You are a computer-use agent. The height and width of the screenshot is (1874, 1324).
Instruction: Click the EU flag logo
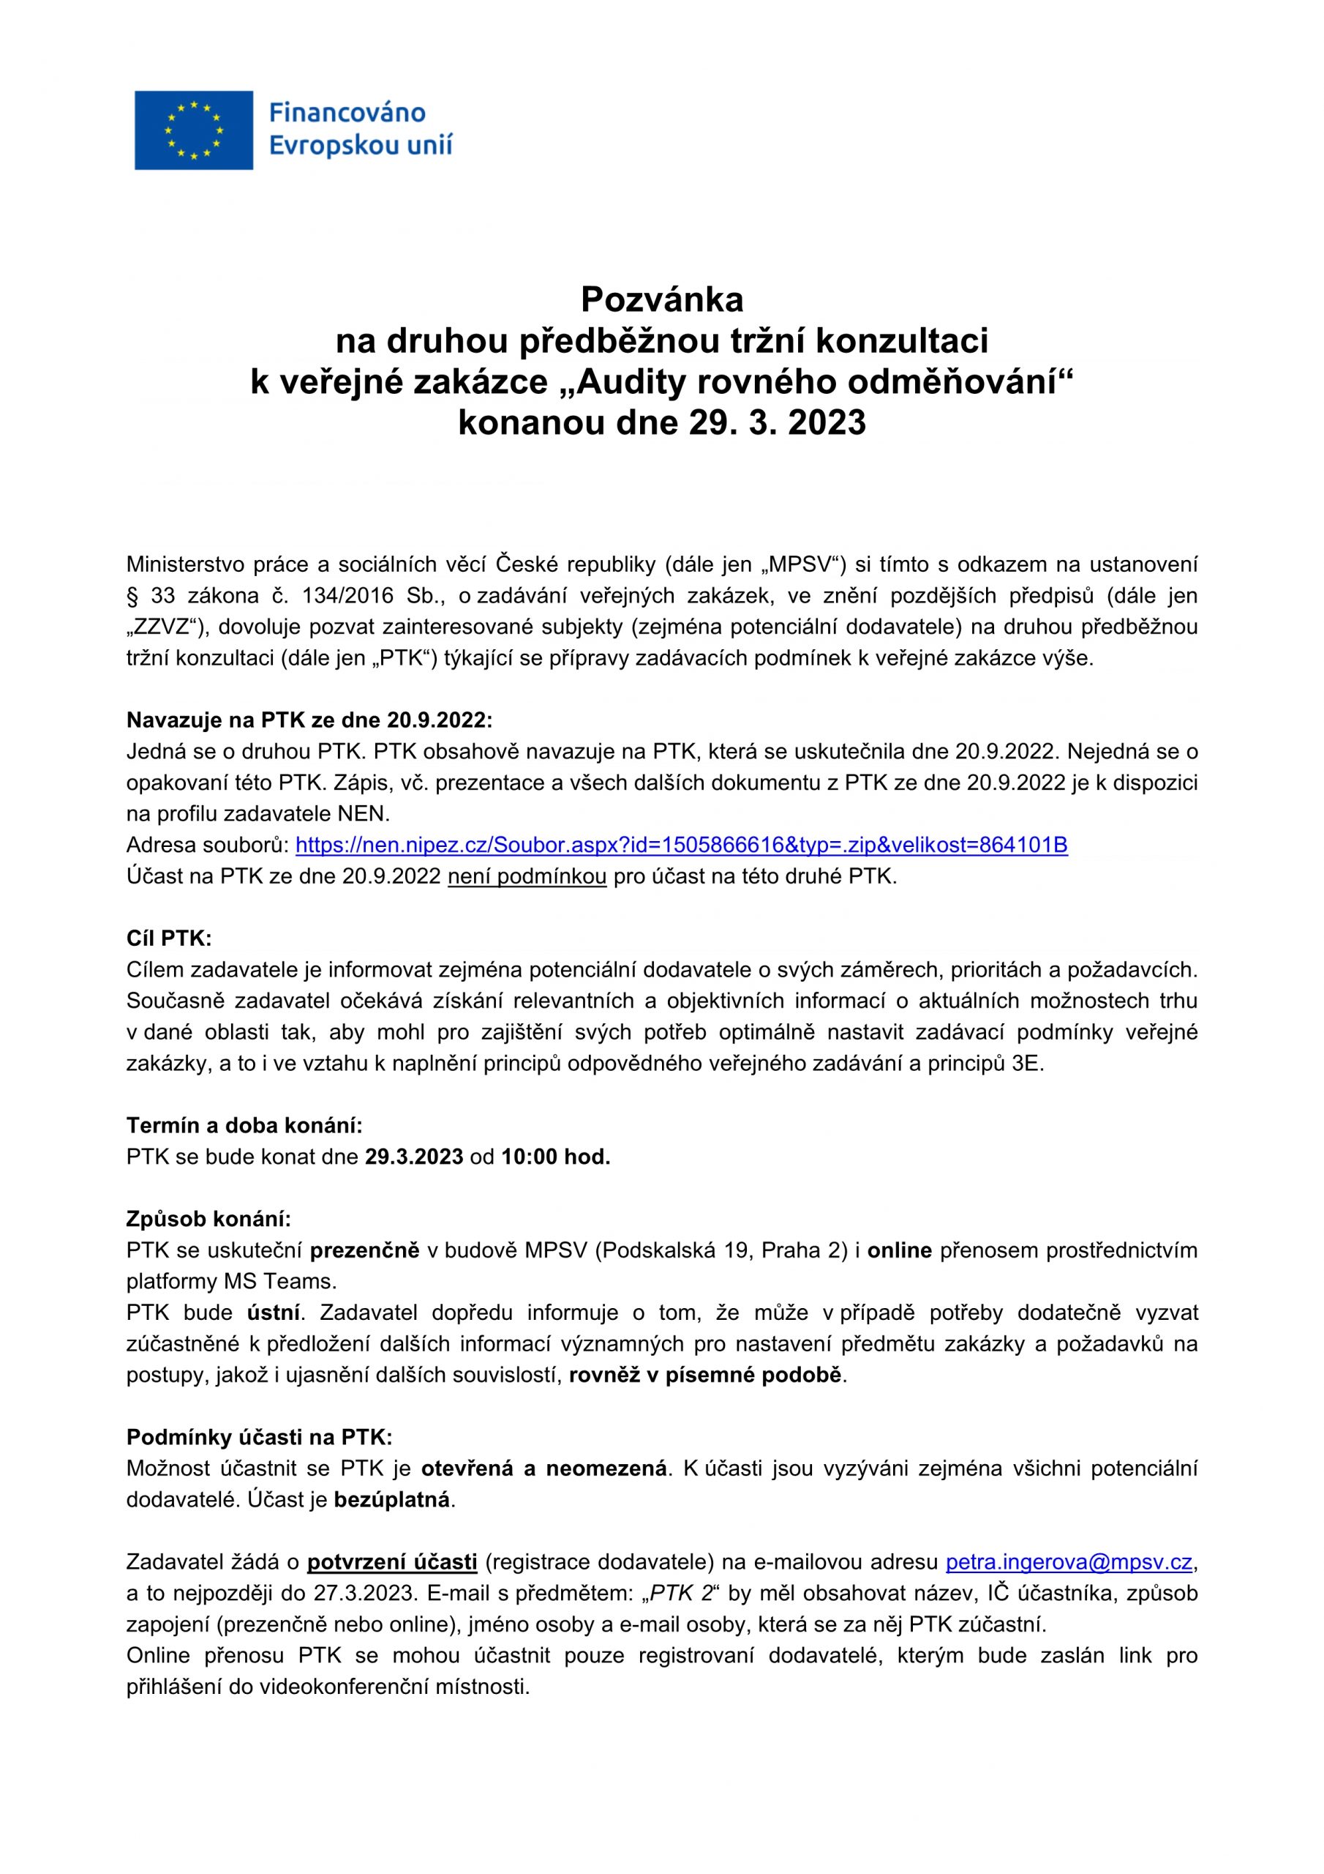tap(193, 130)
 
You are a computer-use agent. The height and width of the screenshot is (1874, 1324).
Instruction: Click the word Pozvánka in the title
tap(661, 300)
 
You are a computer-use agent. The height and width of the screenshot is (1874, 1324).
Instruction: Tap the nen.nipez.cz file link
tap(681, 845)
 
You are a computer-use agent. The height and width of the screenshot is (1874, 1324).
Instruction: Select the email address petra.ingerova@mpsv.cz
tap(1069, 1562)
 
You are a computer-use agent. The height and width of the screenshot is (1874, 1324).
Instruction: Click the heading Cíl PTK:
tap(169, 938)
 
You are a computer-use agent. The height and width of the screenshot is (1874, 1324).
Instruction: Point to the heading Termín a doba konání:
tap(244, 1126)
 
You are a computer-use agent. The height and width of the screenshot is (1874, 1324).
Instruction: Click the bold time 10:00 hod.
tap(555, 1157)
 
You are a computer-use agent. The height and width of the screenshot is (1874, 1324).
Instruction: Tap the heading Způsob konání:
tap(208, 1220)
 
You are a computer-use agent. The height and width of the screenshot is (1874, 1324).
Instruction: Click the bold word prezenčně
tap(366, 1250)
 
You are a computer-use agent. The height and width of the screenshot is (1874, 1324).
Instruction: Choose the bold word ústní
tap(274, 1313)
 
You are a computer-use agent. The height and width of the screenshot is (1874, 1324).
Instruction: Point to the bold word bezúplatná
tap(392, 1500)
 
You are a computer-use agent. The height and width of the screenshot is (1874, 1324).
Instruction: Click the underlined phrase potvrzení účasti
tap(391, 1562)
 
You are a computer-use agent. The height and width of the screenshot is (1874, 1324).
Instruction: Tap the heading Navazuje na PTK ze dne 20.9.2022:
tap(309, 720)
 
